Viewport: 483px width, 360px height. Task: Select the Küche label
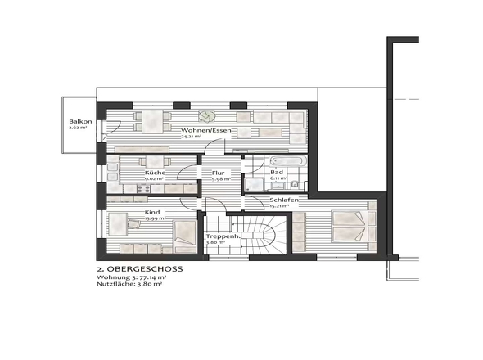(x=156, y=173)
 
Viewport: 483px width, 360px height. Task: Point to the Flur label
(x=219, y=173)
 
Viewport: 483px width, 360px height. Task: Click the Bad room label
(x=278, y=173)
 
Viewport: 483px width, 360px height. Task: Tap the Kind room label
(x=153, y=211)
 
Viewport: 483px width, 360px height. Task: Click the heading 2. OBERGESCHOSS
(x=139, y=268)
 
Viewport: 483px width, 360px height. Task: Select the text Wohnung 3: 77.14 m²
(x=132, y=278)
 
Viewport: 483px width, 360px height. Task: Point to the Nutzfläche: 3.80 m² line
(x=127, y=286)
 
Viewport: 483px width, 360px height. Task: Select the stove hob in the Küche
(x=140, y=190)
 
